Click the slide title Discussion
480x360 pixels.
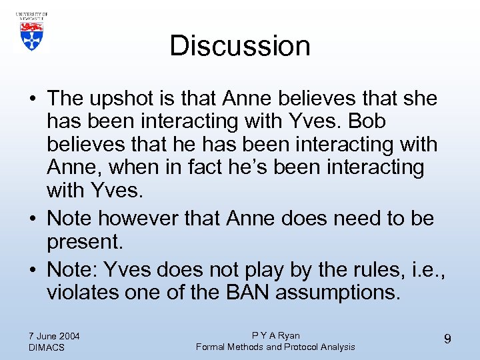(x=240, y=46)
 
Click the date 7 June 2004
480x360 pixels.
(x=55, y=335)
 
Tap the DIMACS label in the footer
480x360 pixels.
(x=47, y=347)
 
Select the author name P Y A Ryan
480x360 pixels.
(x=275, y=335)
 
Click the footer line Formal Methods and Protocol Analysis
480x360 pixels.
(x=275, y=347)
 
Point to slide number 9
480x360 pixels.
(x=447, y=339)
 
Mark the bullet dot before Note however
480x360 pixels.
(x=32, y=219)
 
